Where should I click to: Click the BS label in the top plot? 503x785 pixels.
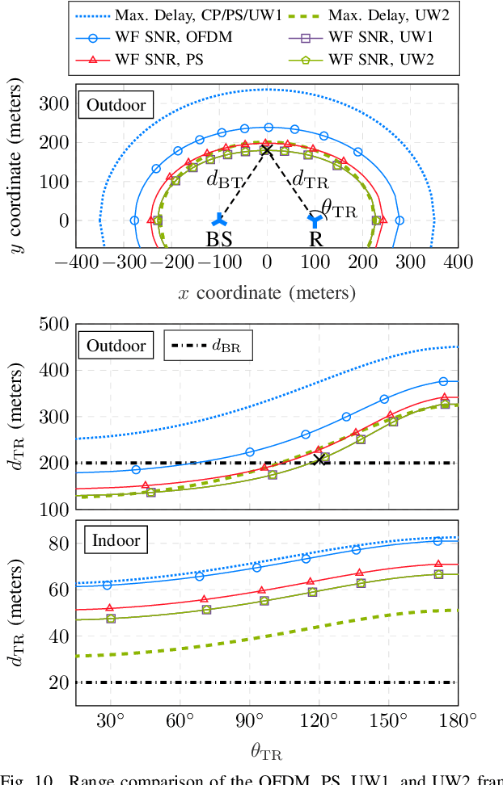(218, 240)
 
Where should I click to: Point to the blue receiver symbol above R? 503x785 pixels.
(315, 219)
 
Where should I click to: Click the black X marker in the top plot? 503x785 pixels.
(267, 149)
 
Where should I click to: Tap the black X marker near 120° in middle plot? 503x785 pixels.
(319, 459)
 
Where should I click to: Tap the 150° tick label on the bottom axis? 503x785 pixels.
(390, 721)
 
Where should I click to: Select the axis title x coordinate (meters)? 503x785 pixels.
(267, 292)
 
